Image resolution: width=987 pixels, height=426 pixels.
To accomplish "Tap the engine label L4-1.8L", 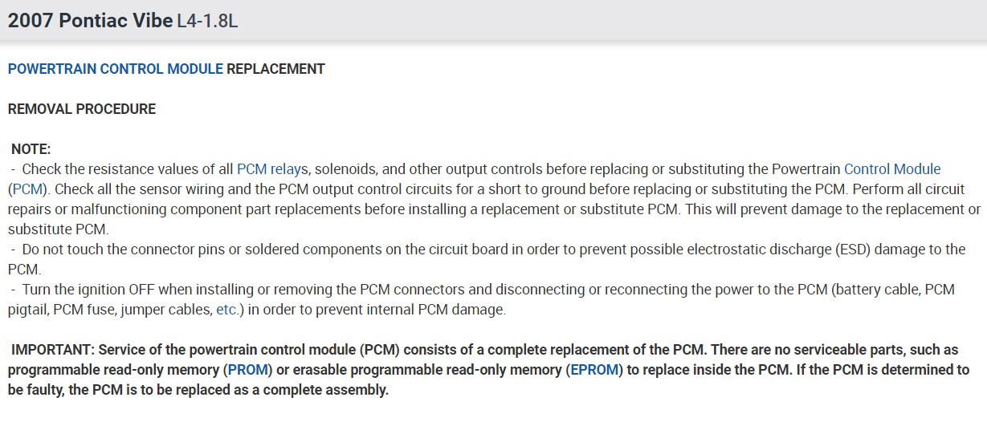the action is point(207,22).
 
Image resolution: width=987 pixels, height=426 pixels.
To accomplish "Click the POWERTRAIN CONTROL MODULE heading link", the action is point(115,69).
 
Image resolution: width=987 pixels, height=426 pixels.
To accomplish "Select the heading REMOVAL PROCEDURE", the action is point(82,109).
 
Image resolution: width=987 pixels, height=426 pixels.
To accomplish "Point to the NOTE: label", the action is point(31,149).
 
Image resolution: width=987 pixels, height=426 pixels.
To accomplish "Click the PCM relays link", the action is point(273,169).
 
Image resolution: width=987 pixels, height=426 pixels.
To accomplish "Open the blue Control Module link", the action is point(892,169).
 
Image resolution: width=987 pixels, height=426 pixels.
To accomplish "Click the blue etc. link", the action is point(227,310).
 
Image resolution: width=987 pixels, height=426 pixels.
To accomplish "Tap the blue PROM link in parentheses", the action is point(247,371).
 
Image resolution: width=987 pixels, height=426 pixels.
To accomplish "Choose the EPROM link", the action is point(594,371).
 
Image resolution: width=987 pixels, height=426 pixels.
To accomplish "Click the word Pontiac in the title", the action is point(93,21).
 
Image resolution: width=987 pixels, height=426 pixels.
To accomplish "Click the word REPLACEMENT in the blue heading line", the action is point(275,69).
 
